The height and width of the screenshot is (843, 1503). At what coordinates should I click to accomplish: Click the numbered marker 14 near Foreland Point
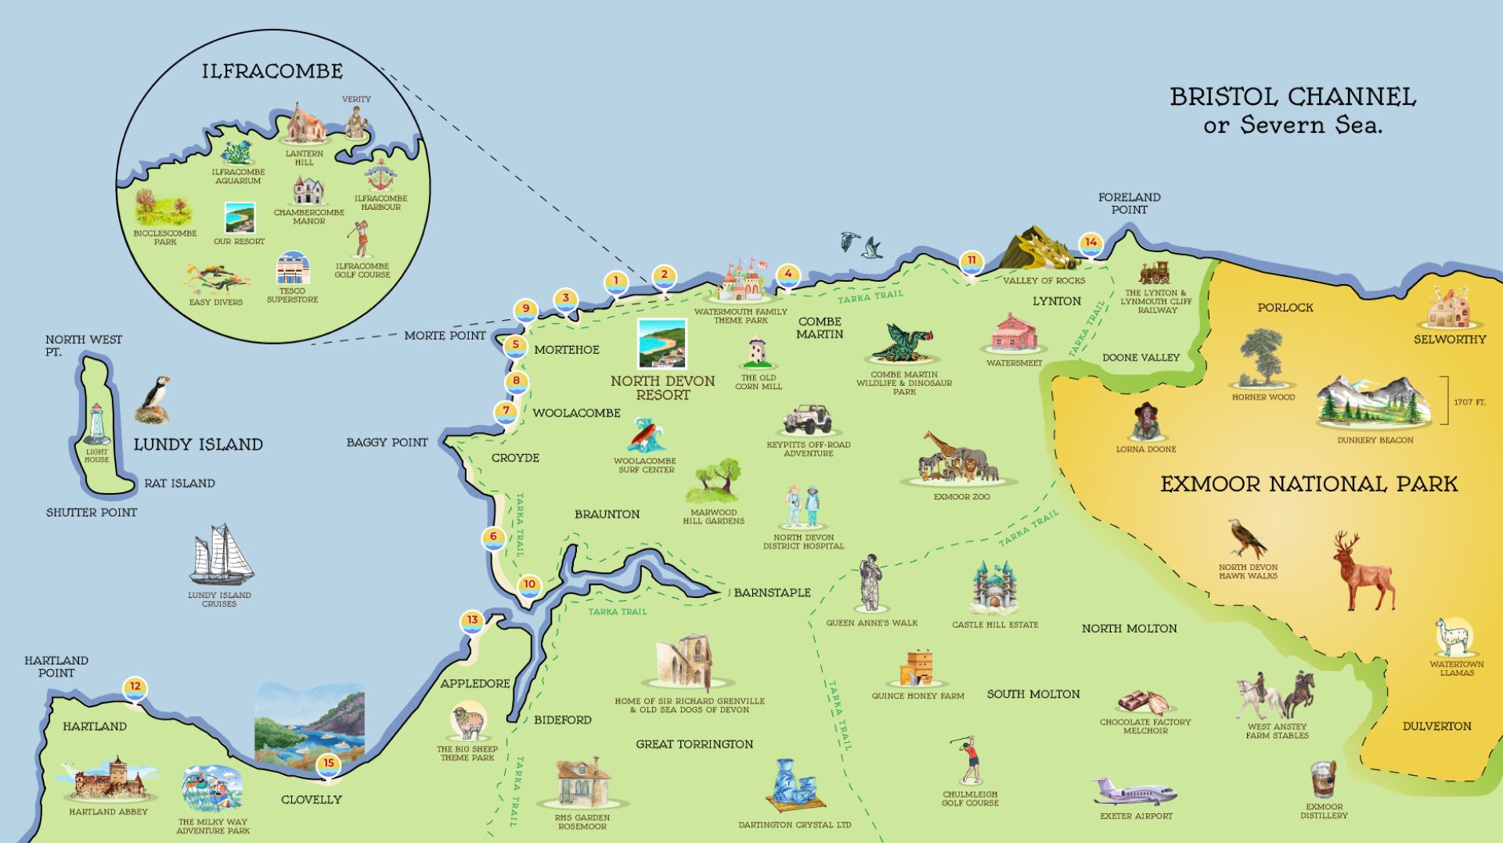[x=1090, y=243]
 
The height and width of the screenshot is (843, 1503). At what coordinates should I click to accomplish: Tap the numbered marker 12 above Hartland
[x=135, y=687]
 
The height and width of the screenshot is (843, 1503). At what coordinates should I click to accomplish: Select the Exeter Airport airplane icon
[x=1134, y=792]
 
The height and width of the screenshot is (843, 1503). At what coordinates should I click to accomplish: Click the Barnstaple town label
[x=772, y=593]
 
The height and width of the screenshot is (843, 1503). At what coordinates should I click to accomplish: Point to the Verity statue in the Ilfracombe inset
[x=357, y=122]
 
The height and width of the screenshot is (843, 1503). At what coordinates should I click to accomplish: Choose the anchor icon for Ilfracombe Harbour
[x=381, y=177]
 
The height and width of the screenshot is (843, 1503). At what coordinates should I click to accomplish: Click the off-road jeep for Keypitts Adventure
[x=809, y=420]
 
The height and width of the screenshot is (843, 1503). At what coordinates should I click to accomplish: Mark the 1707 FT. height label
[x=1469, y=402]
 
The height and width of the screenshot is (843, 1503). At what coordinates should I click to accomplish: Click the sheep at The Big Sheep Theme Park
[x=469, y=722]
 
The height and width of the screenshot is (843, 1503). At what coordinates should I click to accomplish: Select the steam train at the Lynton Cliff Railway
[x=1155, y=273]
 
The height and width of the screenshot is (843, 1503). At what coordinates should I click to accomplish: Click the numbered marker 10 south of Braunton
[x=530, y=585]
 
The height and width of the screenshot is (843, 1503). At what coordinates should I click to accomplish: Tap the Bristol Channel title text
[x=1292, y=97]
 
